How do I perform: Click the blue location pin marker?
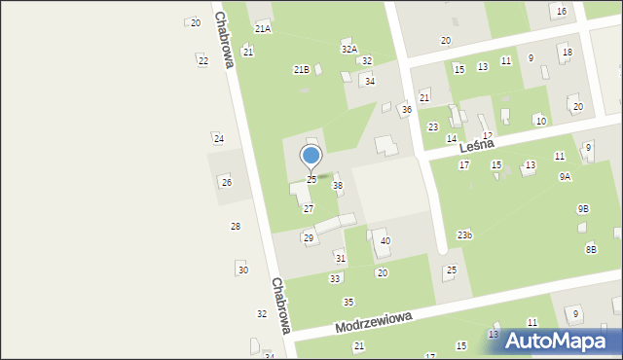pyautogui.click(x=311, y=157)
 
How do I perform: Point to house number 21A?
pyautogui.click(x=263, y=30)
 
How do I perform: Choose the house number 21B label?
pyautogui.click(x=302, y=69)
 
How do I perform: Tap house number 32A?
pyautogui.click(x=348, y=48)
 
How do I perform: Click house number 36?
pyautogui.click(x=406, y=110)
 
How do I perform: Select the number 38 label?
pyautogui.click(x=338, y=185)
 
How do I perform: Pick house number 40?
pyautogui.click(x=385, y=240)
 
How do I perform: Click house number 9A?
pyautogui.click(x=565, y=177)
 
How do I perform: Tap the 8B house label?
pyautogui.click(x=591, y=250)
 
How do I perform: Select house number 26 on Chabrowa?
pyautogui.click(x=226, y=182)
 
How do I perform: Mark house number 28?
pyautogui.click(x=235, y=226)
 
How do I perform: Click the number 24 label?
pyautogui.click(x=219, y=139)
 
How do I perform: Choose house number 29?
pyautogui.click(x=309, y=237)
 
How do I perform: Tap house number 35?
pyautogui.click(x=348, y=302)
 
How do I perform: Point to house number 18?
pyautogui.click(x=567, y=53)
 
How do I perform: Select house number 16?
pyautogui.click(x=561, y=11)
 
